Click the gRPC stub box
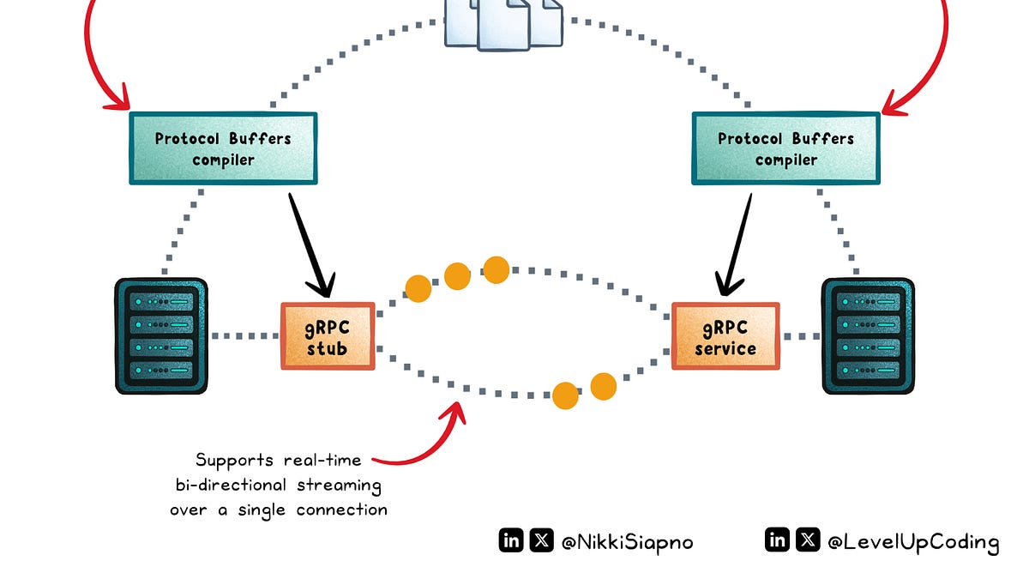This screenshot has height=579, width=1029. (x=328, y=335)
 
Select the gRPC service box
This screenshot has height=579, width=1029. (x=725, y=335)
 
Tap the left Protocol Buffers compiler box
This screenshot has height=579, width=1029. (x=223, y=148)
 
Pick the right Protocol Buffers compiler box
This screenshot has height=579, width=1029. (x=785, y=148)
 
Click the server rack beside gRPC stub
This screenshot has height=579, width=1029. (x=161, y=335)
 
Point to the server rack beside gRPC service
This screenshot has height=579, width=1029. (x=868, y=335)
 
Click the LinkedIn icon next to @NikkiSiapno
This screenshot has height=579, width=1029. (x=511, y=540)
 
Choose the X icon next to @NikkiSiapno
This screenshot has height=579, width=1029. (x=541, y=540)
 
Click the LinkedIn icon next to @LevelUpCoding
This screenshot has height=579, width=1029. (x=778, y=540)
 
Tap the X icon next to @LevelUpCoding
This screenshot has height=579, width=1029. (x=808, y=540)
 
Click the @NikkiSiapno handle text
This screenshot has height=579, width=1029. (x=614, y=541)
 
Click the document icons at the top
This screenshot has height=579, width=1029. (x=504, y=21)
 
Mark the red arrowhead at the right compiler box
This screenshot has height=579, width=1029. (x=892, y=103)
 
